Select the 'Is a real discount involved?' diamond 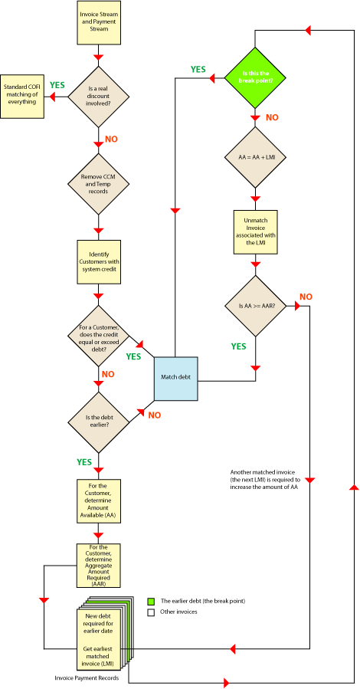click(98, 97)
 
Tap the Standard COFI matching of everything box click(24, 97)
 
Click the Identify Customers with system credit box click(98, 262)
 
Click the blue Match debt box click(175, 378)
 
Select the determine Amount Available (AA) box click(98, 501)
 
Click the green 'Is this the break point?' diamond click(254, 77)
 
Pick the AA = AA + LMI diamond click(254, 157)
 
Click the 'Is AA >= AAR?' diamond click(254, 307)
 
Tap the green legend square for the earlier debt click(151, 600)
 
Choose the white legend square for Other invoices click(151, 612)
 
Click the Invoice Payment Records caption click(87, 678)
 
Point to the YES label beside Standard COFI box click(57, 85)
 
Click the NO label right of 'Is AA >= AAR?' click(306, 297)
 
